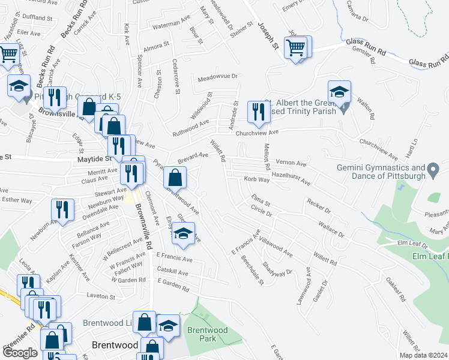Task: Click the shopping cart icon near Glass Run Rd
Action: click(295, 47)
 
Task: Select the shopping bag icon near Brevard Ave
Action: click(174, 178)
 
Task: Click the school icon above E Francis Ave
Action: click(184, 234)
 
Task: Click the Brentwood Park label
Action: click(207, 334)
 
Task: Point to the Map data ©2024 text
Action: click(424, 355)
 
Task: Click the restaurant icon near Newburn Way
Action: click(61, 209)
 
